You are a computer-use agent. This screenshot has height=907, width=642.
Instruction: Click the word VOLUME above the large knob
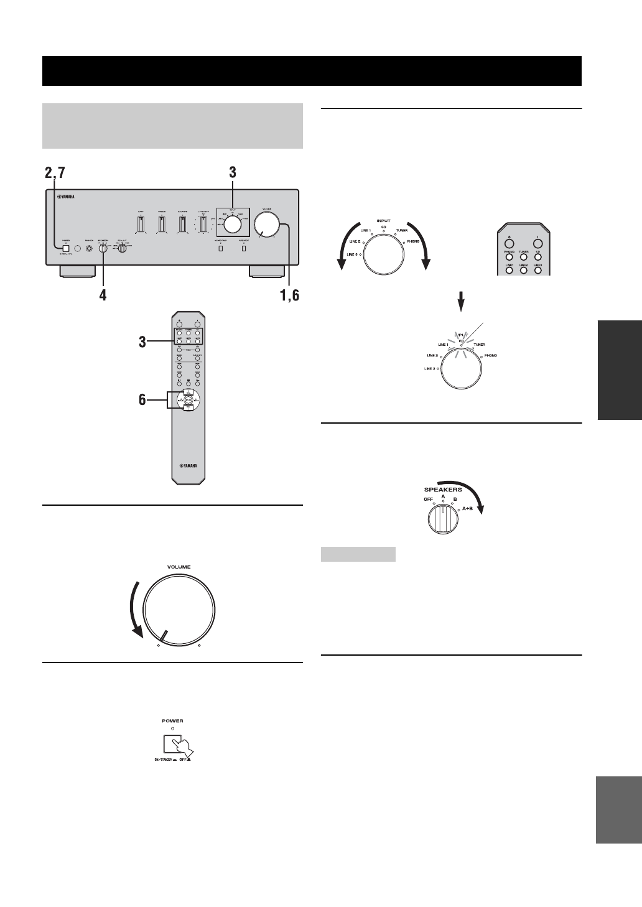coord(179,567)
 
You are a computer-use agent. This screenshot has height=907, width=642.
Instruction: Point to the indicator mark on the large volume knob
coord(162,636)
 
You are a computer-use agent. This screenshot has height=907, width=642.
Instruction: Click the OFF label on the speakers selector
coord(428,499)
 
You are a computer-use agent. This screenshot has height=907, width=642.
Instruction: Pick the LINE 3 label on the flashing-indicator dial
coord(429,369)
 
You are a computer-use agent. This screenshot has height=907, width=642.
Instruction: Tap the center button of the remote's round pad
coord(188,399)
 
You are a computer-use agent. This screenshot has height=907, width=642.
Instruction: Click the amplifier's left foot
coord(78,271)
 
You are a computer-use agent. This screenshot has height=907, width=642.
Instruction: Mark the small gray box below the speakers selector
coord(358,554)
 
